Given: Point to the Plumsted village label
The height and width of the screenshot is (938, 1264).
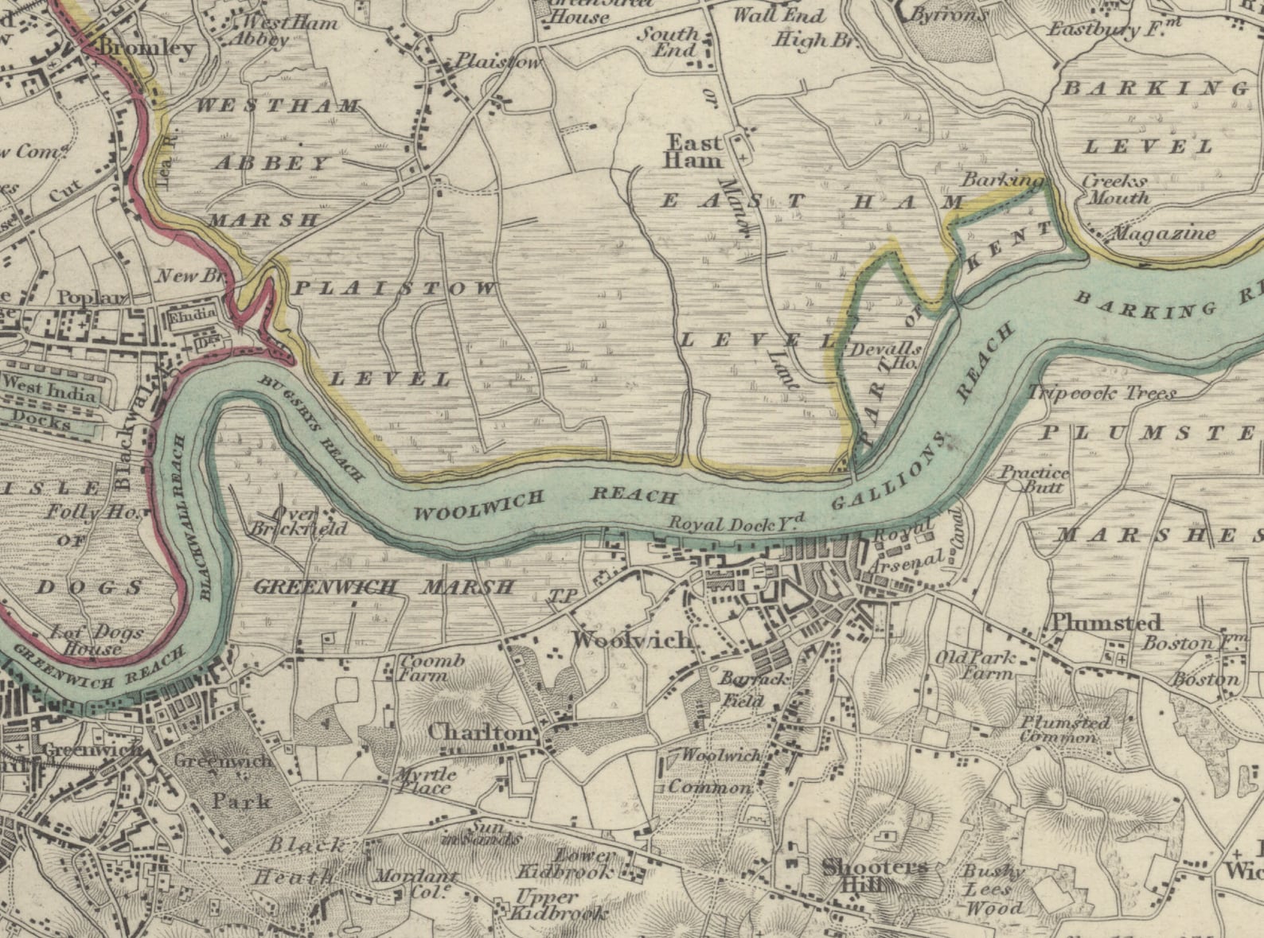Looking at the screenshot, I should pos(1106,622).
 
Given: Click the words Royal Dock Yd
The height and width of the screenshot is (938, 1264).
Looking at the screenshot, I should pos(736,523).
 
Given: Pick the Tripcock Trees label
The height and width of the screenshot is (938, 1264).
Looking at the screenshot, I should pos(1102,393).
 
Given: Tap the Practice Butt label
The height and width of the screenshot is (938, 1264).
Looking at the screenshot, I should pos(1035,479).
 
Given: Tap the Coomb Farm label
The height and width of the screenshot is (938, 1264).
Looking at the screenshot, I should pos(431,668).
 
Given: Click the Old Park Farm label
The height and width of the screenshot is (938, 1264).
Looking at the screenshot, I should pos(975,665).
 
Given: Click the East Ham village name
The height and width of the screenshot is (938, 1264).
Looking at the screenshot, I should pos(694,151).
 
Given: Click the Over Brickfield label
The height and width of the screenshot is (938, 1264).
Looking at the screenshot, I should pos(298,521).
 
